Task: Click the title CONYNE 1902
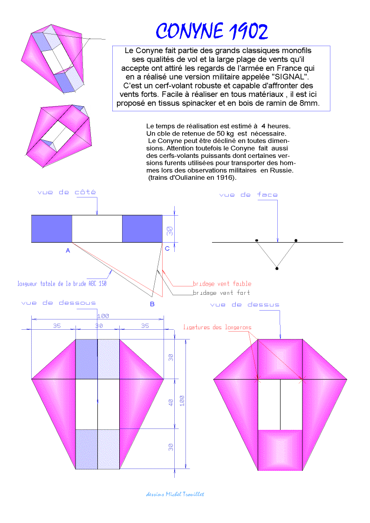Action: point(212,31)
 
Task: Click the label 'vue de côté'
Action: point(67,192)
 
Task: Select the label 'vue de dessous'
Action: point(59,303)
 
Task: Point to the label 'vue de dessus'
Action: point(245,305)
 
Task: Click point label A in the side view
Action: point(68,251)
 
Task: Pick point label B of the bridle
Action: point(152,304)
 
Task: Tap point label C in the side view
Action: point(167,249)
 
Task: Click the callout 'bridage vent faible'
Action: point(222,283)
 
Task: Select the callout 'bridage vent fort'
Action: point(221,292)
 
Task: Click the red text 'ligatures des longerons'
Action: point(217,327)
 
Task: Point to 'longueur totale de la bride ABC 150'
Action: point(62,283)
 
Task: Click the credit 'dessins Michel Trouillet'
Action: point(175,494)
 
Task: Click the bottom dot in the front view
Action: point(277,268)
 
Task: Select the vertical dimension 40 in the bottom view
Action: point(171,403)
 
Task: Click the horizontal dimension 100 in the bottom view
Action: point(102,316)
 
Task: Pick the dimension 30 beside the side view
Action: point(171,230)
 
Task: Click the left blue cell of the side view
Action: point(51,229)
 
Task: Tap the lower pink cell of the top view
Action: point(280,449)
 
